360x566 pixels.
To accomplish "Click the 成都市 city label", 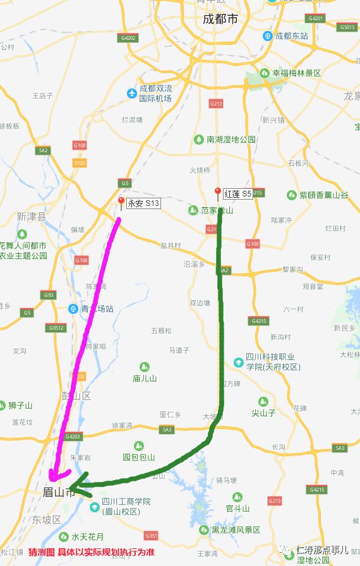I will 220,20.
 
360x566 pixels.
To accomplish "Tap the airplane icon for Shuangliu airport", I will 132,93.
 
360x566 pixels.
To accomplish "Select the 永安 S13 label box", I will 143,203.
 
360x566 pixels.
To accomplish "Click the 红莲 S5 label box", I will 237,194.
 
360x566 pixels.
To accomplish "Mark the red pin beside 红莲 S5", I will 218,192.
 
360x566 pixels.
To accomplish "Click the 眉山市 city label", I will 59,492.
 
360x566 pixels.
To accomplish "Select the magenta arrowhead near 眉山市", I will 56,475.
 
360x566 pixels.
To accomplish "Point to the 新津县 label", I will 32,217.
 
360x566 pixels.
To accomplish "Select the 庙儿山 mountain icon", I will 144,366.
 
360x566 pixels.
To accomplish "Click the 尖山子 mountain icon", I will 263,402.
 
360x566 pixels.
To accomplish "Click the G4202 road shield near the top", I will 129,38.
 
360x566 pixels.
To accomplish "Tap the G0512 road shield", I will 56,328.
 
